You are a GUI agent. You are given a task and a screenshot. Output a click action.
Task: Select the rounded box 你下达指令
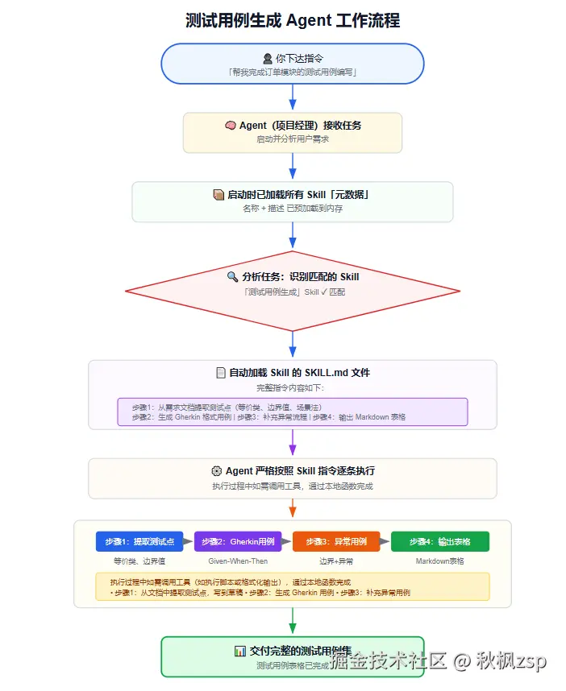point(293,64)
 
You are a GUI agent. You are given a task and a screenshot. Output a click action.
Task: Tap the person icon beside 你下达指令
point(268,58)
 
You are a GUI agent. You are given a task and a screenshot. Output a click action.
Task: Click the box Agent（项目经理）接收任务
point(293,132)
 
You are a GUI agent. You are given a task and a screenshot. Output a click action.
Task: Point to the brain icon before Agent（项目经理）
point(231,126)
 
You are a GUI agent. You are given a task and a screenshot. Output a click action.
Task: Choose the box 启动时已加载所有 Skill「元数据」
point(293,201)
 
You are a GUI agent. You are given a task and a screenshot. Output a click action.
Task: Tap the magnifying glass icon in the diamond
point(232,277)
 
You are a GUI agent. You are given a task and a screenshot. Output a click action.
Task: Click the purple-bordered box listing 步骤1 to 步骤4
point(293,412)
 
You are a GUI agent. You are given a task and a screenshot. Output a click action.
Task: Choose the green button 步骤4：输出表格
point(440,541)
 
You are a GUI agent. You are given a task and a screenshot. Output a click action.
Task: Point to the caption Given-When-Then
point(237,561)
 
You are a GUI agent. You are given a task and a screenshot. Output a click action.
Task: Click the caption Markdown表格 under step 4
point(440,561)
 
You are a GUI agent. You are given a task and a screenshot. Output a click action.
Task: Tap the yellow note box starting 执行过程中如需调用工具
point(293,586)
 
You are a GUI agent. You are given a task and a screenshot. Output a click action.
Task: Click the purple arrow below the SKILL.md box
point(293,443)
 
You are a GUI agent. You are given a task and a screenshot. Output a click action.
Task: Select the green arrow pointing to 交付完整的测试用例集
point(293,620)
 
